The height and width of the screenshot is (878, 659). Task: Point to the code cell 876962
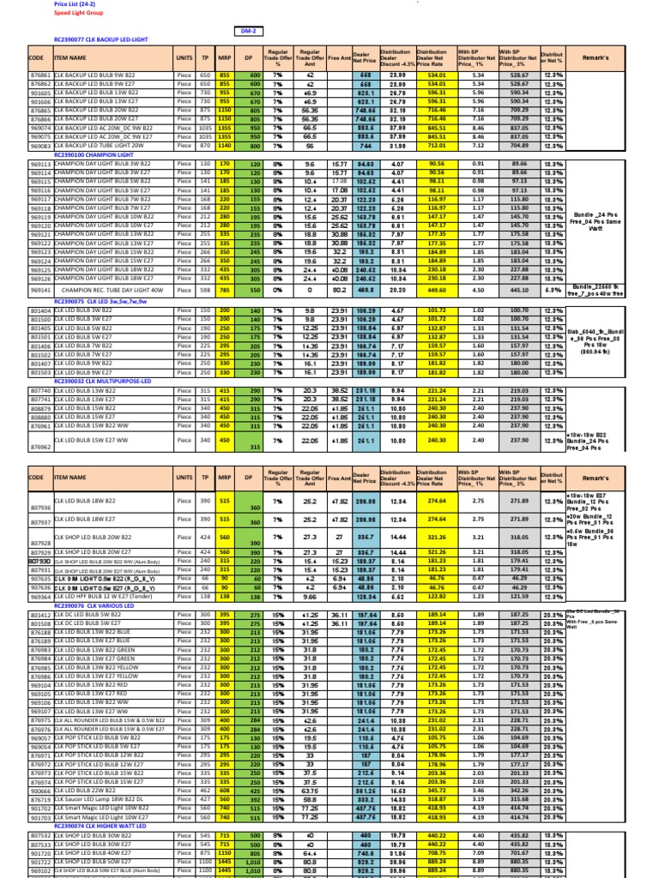pos(40,447)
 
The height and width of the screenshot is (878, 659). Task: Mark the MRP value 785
pos(226,291)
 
